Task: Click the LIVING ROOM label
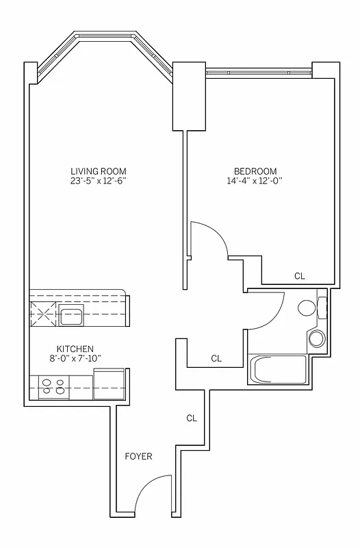[99, 171]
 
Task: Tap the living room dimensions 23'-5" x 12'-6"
[99, 181]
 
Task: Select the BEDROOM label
[255, 171]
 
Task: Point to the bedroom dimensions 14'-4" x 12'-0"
[255, 181]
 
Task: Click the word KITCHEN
[75, 349]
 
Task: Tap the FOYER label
[138, 456]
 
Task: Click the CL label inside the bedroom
[299, 276]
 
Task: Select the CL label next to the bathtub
[216, 358]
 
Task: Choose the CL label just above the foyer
[192, 418]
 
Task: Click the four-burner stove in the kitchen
[53, 388]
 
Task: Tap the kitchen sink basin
[71, 316]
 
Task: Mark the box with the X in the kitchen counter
[42, 316]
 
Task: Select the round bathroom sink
[317, 338]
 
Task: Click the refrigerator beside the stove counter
[108, 384]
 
